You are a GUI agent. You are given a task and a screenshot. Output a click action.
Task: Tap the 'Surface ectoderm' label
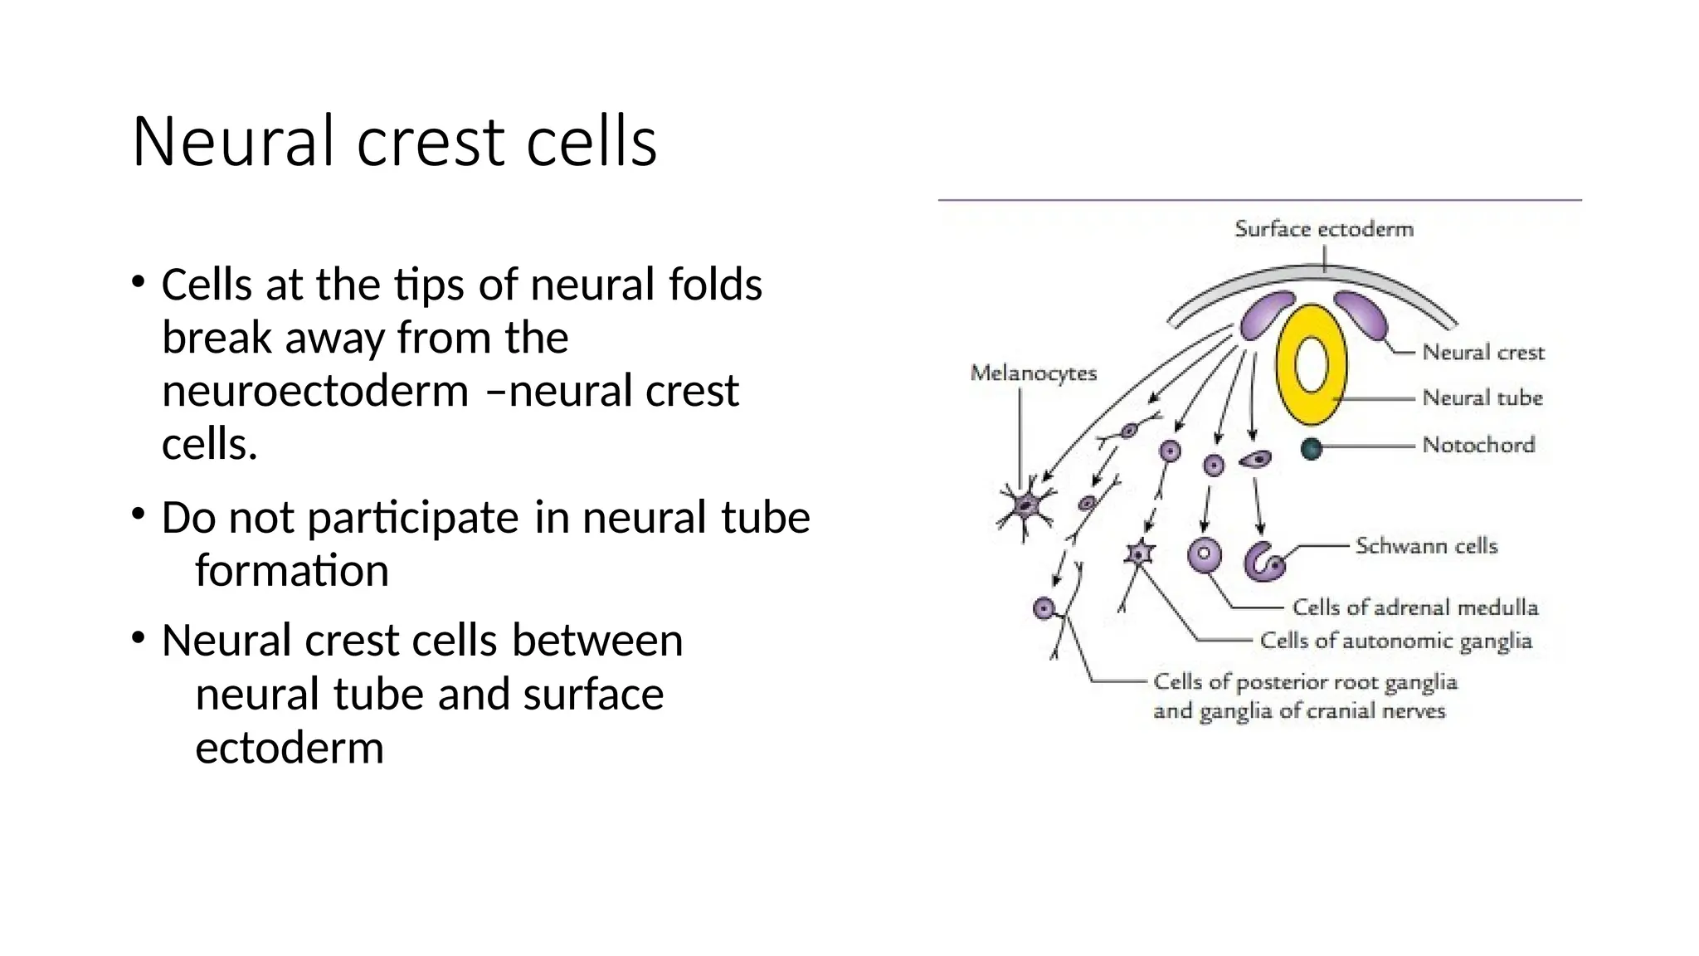[1323, 229]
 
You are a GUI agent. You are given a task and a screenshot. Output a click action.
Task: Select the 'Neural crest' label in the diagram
[1482, 353]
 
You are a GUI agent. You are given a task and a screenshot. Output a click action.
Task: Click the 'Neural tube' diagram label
[1482, 398]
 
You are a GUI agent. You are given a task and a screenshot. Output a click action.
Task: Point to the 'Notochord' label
[1477, 445]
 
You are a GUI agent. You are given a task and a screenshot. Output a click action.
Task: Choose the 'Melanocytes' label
[1033, 373]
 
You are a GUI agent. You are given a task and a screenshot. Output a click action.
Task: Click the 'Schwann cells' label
[1426, 546]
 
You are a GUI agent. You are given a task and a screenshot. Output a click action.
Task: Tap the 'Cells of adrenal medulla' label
[1414, 607]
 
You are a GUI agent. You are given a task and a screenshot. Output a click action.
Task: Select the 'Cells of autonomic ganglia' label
[1395, 641]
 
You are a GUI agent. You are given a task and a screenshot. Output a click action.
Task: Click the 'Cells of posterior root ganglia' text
[1304, 682]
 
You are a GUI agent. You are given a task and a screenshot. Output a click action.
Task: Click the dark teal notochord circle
[1311, 449]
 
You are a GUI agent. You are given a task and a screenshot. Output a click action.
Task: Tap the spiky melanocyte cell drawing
[1026, 506]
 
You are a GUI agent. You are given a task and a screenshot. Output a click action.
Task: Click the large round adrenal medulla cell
[1204, 555]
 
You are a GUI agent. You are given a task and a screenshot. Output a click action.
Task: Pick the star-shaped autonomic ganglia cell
[1140, 554]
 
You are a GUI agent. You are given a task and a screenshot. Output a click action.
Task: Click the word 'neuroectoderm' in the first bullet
[315, 391]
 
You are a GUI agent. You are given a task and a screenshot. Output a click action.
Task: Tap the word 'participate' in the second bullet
[413, 518]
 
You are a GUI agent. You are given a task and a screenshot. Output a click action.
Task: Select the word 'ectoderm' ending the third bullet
[289, 748]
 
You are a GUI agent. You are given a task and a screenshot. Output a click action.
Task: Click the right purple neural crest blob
[1361, 314]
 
